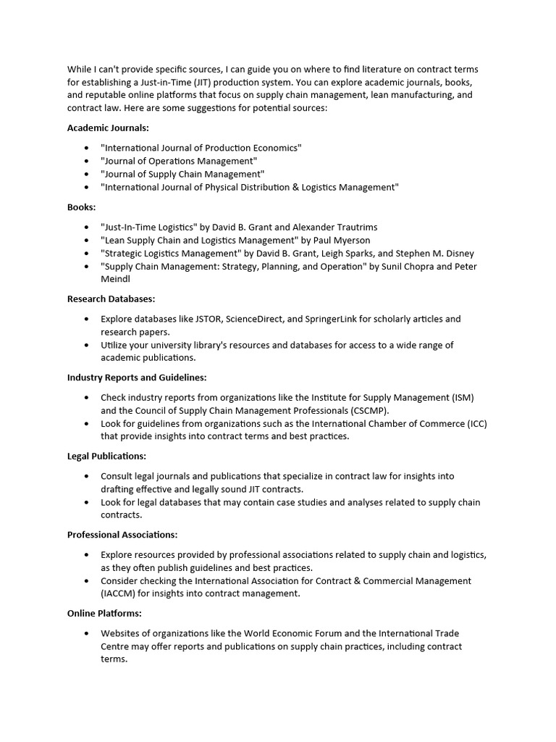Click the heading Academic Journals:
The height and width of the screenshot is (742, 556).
point(108,128)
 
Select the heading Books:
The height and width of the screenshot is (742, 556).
point(81,207)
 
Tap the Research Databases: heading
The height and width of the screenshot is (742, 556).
point(111,299)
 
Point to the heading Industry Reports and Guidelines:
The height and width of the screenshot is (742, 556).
point(137,378)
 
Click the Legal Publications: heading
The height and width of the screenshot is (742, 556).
point(106,456)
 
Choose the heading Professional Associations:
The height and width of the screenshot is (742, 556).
point(122,535)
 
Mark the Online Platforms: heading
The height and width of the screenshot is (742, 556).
point(104,613)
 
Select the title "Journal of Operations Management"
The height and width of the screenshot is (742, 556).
point(179,161)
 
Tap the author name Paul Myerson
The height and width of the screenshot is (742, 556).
point(342,240)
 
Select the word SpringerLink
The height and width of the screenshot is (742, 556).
point(345,319)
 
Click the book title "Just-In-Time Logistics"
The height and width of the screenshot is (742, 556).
point(148,227)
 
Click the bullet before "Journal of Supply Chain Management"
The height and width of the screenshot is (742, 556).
point(86,174)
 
